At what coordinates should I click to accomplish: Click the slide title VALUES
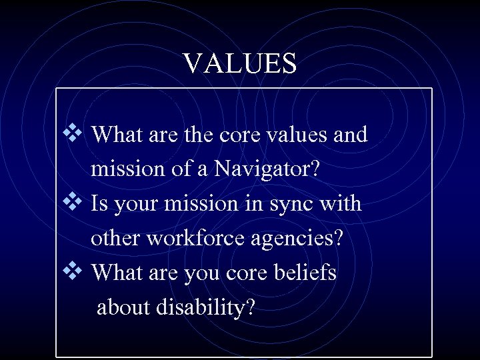(x=240, y=63)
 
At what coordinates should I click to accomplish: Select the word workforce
(x=180, y=238)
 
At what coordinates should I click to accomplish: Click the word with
(x=342, y=203)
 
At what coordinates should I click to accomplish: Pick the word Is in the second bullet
(x=101, y=203)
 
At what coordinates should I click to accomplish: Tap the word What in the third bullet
(x=115, y=272)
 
